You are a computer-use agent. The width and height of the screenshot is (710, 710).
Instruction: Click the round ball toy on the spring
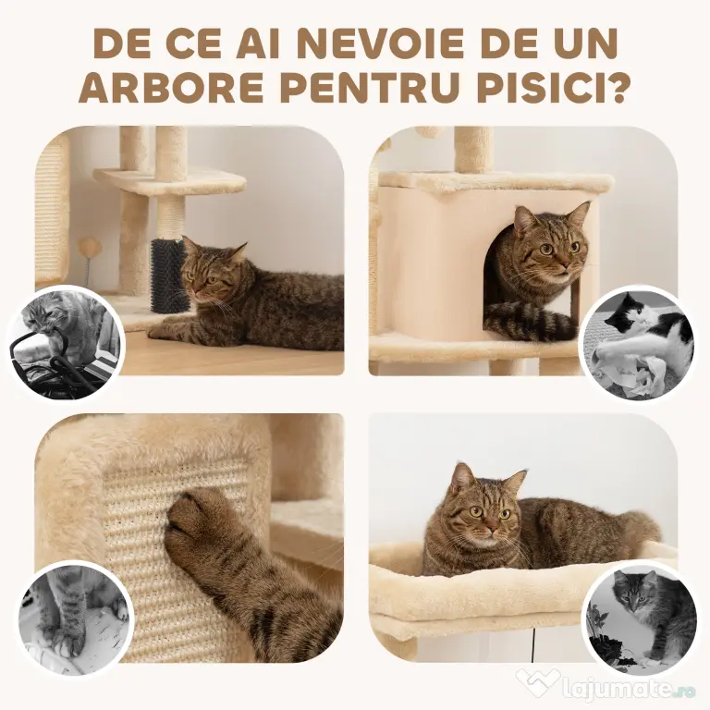(x=89, y=247)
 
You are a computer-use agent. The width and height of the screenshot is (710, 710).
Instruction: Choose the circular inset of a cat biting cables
(x=67, y=344)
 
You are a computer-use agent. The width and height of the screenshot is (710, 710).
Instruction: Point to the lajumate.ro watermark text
(x=630, y=690)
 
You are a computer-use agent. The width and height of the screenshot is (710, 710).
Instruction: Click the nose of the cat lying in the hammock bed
(x=491, y=527)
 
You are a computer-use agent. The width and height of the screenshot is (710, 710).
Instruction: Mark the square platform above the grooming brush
(x=170, y=182)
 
